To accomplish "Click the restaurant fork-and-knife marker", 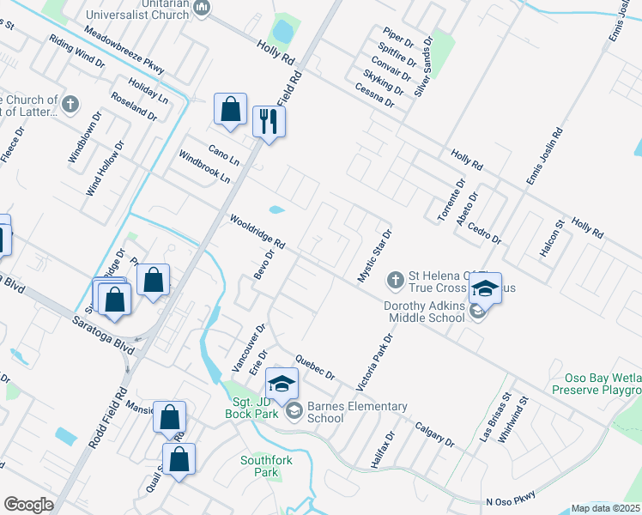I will click(269, 122).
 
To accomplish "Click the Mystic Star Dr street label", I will click(375, 255).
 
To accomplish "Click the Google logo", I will click(28, 505).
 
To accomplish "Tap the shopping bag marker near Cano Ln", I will click(230, 110).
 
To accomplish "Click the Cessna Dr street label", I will click(374, 94).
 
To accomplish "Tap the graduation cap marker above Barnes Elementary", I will click(282, 383).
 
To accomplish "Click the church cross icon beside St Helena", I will click(395, 280).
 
